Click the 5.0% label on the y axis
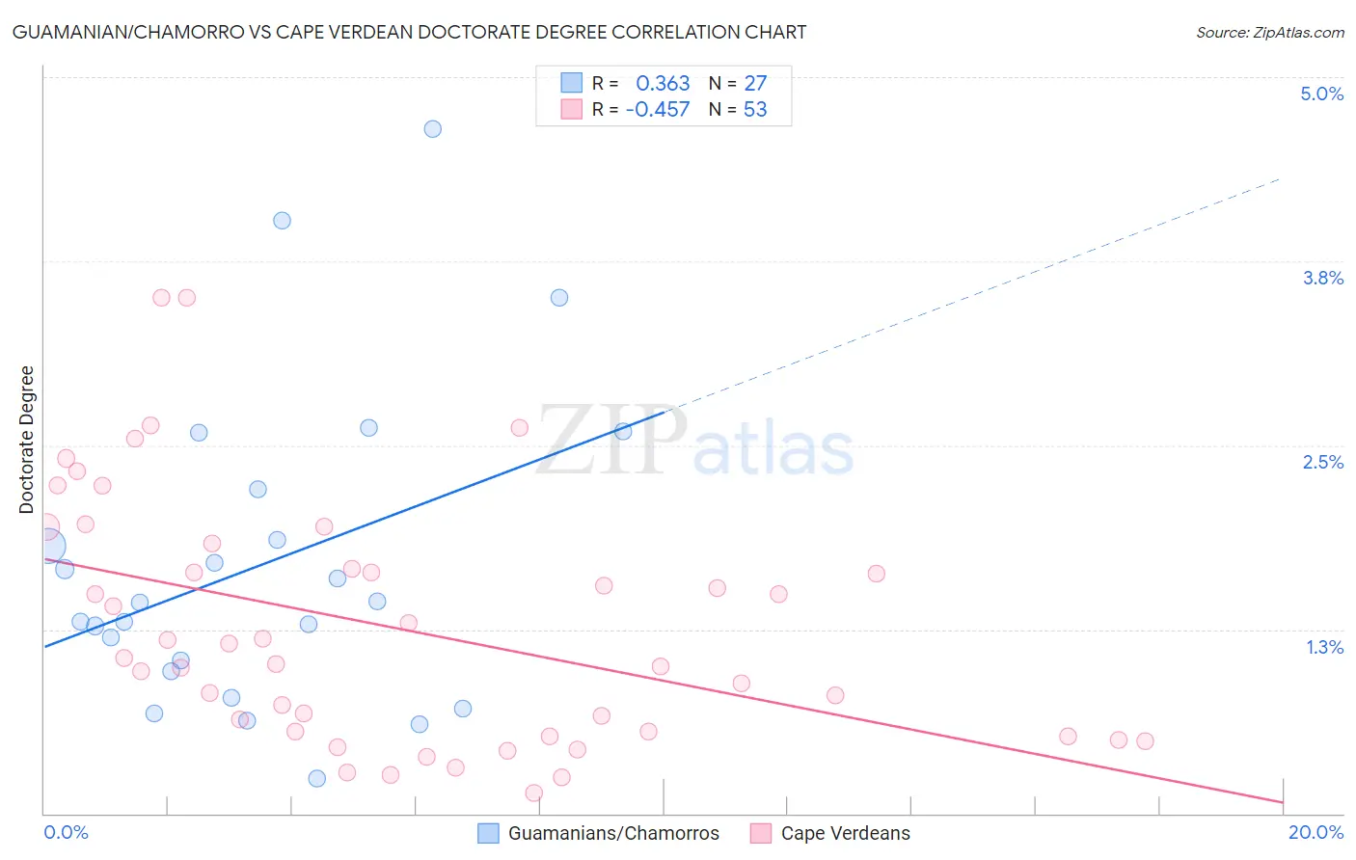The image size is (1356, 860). pos(1321,94)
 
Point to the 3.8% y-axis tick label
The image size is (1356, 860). pos(1322,278)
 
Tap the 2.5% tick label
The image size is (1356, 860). pos(1322,462)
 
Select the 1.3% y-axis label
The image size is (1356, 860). pos(1324,647)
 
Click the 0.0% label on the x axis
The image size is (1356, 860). pos(66,832)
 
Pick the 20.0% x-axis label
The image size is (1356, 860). pos(1315,832)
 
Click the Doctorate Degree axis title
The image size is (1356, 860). pos(27,440)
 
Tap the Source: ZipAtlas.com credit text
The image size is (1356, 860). pos(1269,33)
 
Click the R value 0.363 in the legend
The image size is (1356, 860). pos(663,84)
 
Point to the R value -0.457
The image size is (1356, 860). pos(658,110)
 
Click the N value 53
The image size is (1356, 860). pos(755,110)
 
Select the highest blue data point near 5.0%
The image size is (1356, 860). pos(433,129)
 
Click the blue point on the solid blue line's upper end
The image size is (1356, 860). pos(623,431)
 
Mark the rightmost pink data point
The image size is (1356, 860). pos(1145,740)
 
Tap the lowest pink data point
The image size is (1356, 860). pos(533,793)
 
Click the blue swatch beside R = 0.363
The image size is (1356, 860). pos(571,83)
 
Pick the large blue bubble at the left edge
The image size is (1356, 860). pos(46,546)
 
